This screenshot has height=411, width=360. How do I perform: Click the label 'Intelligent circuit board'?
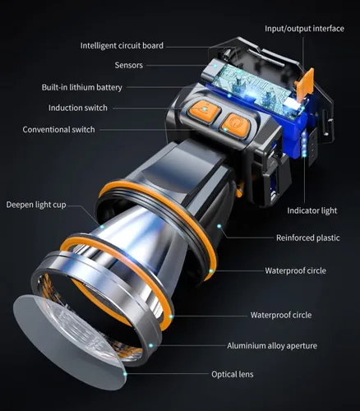(122, 45)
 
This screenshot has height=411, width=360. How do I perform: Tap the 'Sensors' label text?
(129, 65)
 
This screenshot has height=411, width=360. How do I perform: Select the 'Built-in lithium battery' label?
(82, 87)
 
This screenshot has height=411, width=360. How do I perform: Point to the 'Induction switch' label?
(78, 108)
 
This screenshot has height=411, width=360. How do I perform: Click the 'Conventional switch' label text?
(58, 129)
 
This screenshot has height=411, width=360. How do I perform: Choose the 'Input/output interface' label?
(304, 29)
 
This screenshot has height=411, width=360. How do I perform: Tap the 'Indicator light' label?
(312, 210)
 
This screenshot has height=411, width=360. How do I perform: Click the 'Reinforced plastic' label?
(308, 238)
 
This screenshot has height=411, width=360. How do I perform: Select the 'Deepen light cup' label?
(36, 205)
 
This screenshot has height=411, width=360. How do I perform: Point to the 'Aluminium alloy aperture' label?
(272, 346)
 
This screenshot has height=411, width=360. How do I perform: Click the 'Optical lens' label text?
(233, 374)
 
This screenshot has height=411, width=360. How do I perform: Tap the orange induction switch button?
(204, 111)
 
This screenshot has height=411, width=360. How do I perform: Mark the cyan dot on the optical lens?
(125, 374)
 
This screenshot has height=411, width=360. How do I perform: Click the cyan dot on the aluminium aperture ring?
(150, 345)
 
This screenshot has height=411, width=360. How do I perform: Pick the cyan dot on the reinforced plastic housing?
(219, 226)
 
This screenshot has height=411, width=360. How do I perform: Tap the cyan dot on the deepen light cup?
(102, 227)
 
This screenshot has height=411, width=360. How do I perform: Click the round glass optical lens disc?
(68, 343)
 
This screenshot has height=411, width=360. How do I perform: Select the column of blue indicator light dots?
(304, 145)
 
